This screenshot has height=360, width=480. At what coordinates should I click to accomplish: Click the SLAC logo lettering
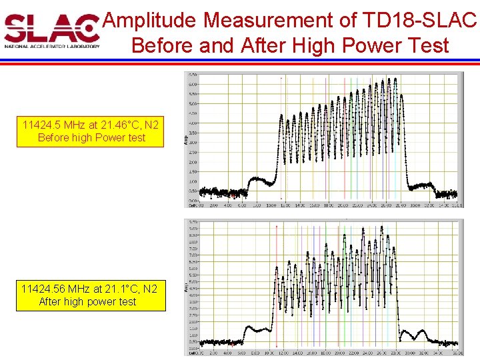click(51, 27)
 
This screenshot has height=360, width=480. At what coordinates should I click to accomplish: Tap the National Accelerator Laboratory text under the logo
click(51, 47)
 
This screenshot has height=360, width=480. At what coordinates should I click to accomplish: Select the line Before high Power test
click(91, 138)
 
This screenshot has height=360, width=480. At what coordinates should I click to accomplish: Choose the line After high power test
click(87, 301)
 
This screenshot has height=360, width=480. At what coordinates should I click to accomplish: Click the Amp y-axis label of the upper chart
click(187, 139)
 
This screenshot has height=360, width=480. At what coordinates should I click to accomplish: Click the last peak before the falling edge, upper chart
click(396, 79)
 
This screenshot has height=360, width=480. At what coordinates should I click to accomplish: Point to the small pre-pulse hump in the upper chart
click(256, 179)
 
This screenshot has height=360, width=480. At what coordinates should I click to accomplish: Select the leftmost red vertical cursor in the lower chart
click(277, 287)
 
